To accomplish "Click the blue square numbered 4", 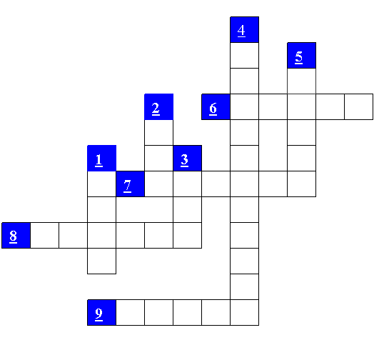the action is (x=244, y=30).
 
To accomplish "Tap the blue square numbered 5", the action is (x=301, y=56).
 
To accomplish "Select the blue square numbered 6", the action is (x=216, y=106).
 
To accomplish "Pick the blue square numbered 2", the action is (x=158, y=106).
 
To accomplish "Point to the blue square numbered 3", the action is (x=187, y=159).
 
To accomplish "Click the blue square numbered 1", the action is (x=102, y=159).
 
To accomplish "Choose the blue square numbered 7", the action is (x=131, y=184).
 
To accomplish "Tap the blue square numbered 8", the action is (x=16, y=236).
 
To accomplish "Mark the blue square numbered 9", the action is (x=102, y=313).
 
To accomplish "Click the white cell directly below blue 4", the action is (x=244, y=56).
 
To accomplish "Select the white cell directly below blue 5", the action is (x=301, y=81).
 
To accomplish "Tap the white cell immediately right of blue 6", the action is (x=244, y=106).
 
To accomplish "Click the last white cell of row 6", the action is (x=359, y=106).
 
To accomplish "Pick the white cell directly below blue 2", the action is (x=158, y=133).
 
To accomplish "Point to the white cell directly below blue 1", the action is (x=102, y=184).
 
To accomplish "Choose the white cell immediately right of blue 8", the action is (x=44, y=236).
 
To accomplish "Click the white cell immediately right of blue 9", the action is (x=131, y=313).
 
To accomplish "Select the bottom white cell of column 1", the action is (x=102, y=261).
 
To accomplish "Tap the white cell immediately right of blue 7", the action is (x=158, y=184).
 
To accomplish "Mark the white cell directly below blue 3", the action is (x=187, y=184).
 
